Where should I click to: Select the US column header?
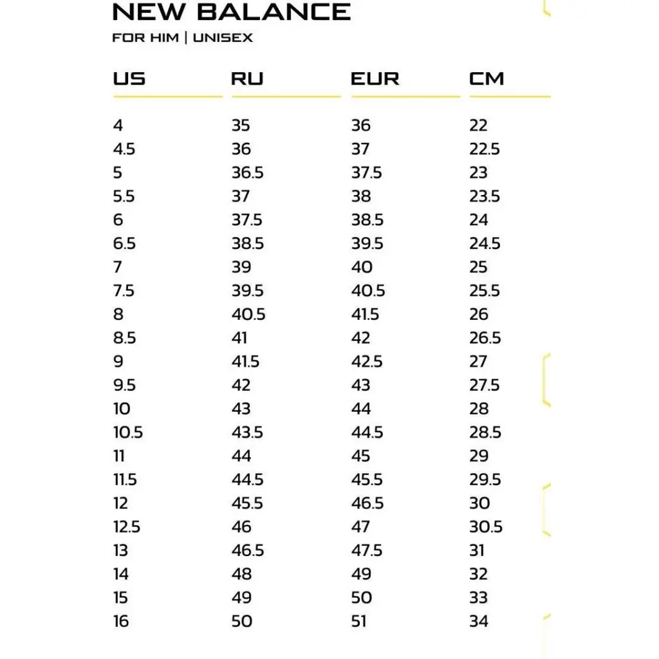click(129, 79)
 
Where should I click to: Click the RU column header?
click(247, 79)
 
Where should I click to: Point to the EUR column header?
click(375, 79)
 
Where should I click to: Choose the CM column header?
click(487, 79)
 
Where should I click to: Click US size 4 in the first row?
click(118, 125)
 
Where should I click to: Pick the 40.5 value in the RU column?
click(248, 315)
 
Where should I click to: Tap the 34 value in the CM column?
click(479, 622)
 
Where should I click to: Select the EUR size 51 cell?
click(360, 622)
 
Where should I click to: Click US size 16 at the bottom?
click(121, 622)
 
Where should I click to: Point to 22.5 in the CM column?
click(485, 149)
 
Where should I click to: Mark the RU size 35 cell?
click(241, 125)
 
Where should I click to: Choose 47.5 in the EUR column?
click(367, 551)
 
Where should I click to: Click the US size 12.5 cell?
click(127, 527)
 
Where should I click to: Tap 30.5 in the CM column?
click(486, 527)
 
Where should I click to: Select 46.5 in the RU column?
click(248, 551)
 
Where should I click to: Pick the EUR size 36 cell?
click(360, 125)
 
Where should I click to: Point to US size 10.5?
click(128, 432)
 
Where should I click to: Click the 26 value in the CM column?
click(479, 315)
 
